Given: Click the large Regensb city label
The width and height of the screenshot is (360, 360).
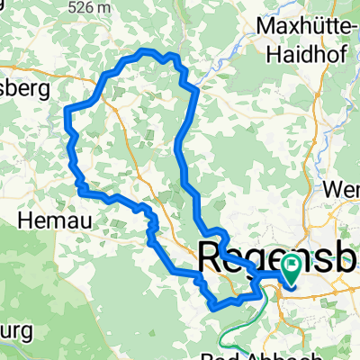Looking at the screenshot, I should (276, 254).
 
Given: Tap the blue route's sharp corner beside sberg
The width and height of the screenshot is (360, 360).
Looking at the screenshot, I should (67, 109).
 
